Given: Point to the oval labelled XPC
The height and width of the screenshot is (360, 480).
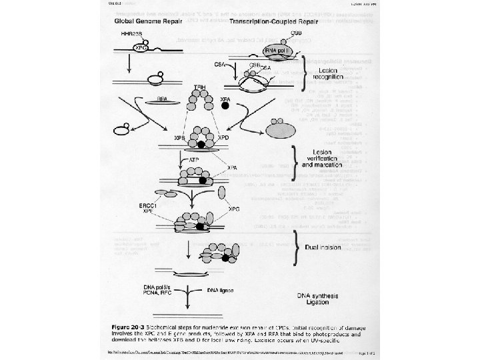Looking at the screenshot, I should point(141,49).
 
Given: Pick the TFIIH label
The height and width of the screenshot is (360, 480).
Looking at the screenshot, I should point(199,87).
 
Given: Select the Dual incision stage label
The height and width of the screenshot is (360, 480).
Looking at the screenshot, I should point(323,247).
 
